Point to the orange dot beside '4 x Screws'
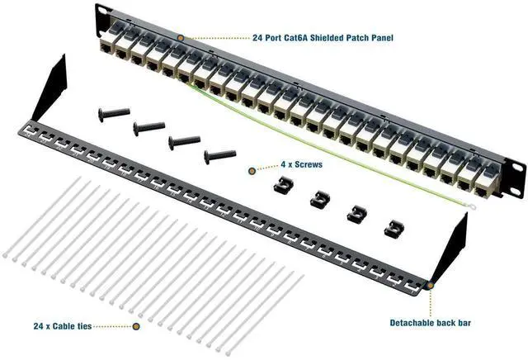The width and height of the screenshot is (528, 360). (252, 170)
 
